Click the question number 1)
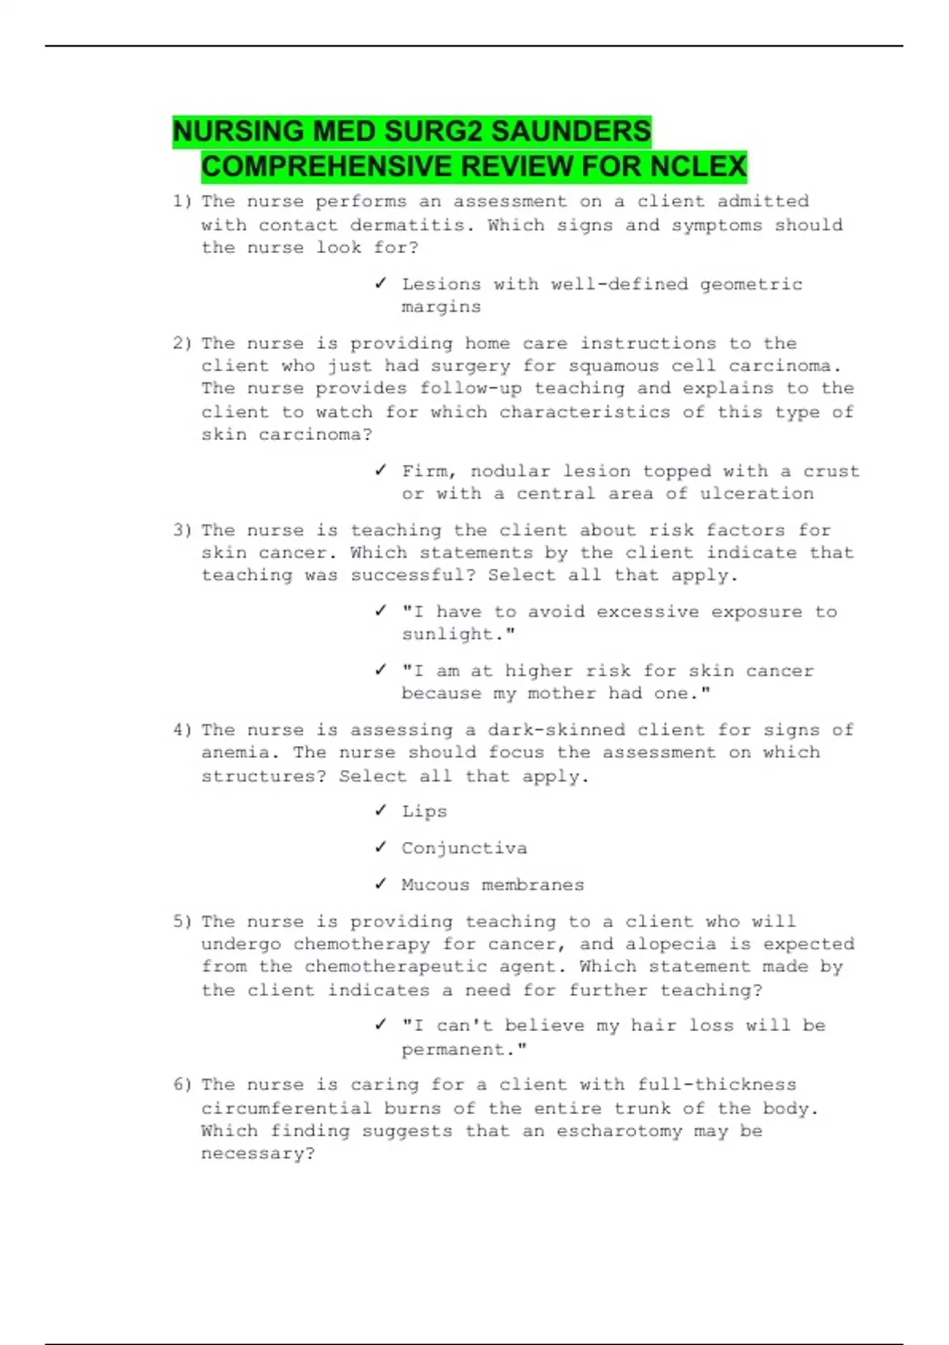182,202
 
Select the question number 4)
182,730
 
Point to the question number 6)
182,1085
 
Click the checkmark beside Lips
381,811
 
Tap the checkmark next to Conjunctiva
381,847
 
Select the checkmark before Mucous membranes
381,884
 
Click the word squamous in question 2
602,366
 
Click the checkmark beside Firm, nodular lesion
381,471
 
